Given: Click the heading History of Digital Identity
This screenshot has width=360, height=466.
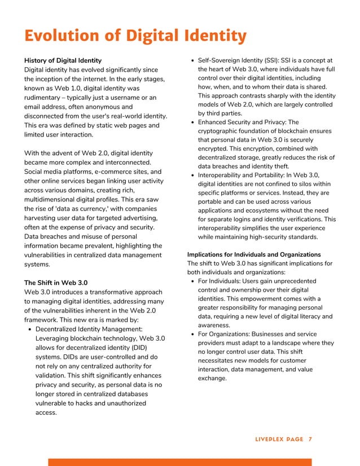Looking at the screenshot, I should click(x=63, y=60).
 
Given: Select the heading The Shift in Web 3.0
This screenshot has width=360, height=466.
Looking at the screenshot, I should click(x=56, y=283).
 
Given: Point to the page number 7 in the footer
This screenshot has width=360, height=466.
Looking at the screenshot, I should click(x=310, y=439).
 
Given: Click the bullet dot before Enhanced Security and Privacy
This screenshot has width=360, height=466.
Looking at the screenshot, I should click(x=192, y=122).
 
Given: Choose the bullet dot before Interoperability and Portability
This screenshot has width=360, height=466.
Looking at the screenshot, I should click(x=192, y=175).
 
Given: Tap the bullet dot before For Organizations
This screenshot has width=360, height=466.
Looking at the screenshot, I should click(x=192, y=334).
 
